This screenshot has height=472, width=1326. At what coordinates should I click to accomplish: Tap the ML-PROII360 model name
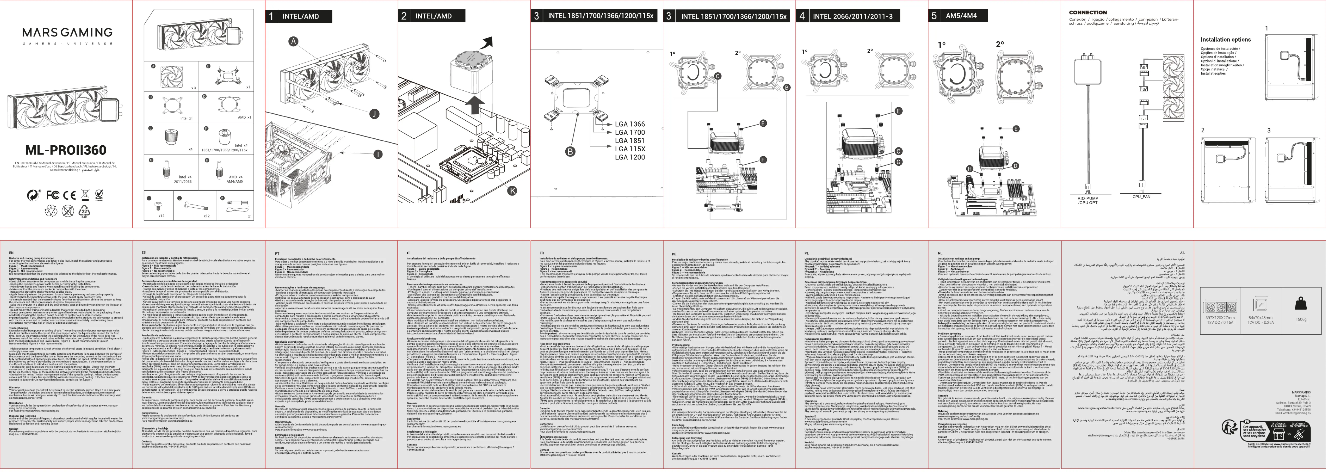66,150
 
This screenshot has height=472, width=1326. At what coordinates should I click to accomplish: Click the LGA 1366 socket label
630,124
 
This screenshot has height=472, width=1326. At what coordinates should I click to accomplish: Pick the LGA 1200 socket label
630,157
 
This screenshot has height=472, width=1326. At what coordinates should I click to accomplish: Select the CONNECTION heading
1088,12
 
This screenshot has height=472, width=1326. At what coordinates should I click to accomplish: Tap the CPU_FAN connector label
1141,197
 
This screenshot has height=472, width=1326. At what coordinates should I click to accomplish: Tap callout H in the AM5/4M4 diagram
969,169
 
